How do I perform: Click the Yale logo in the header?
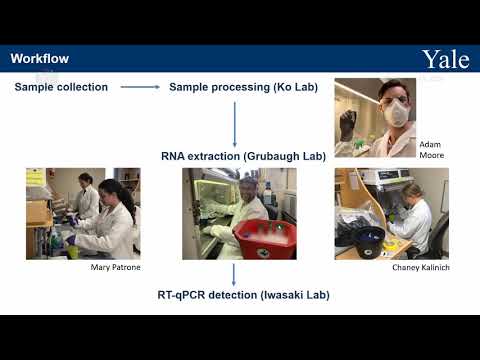(445, 59)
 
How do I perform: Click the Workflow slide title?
(39, 59)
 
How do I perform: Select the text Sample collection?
(61, 87)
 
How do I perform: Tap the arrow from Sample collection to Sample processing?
(140, 88)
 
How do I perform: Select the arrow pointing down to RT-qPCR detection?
(234, 274)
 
